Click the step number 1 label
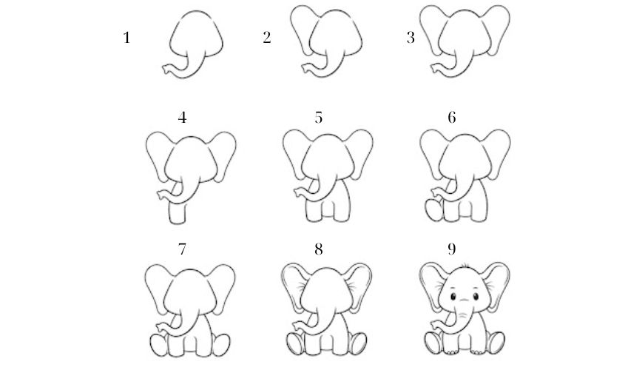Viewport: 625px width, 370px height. [x=126, y=38]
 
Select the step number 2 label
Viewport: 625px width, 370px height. [x=267, y=38]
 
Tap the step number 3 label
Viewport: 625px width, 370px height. [x=411, y=38]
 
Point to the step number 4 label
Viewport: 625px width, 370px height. [x=182, y=118]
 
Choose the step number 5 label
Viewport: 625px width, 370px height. [x=319, y=118]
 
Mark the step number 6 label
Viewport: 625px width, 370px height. [x=451, y=118]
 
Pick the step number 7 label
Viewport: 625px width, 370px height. [x=182, y=250]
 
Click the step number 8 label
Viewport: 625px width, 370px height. [x=319, y=250]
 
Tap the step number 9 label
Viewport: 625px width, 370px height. [x=451, y=250]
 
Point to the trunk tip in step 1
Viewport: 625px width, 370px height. [x=167, y=70]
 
